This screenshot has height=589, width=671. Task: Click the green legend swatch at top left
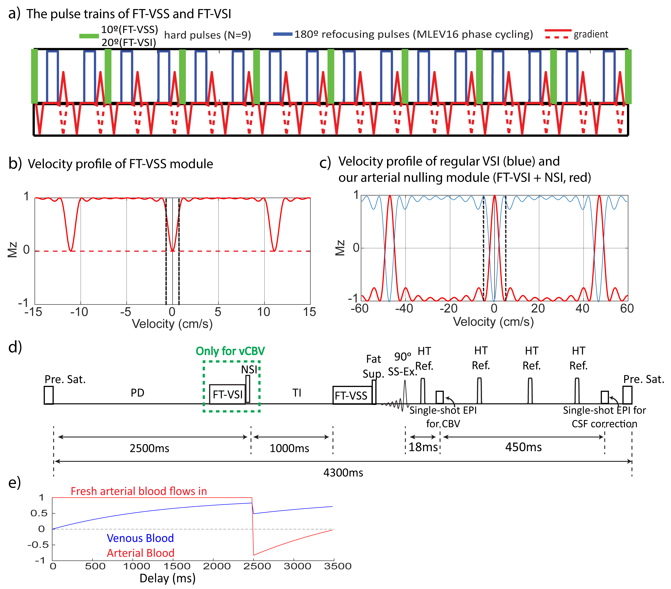point(89,36)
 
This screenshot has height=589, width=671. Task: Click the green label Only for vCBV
point(230,351)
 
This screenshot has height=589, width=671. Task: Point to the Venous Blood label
point(140,538)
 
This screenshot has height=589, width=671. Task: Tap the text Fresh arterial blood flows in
point(139,491)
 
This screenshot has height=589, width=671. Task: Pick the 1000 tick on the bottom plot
point(137,566)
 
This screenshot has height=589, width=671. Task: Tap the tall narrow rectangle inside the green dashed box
point(248,389)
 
